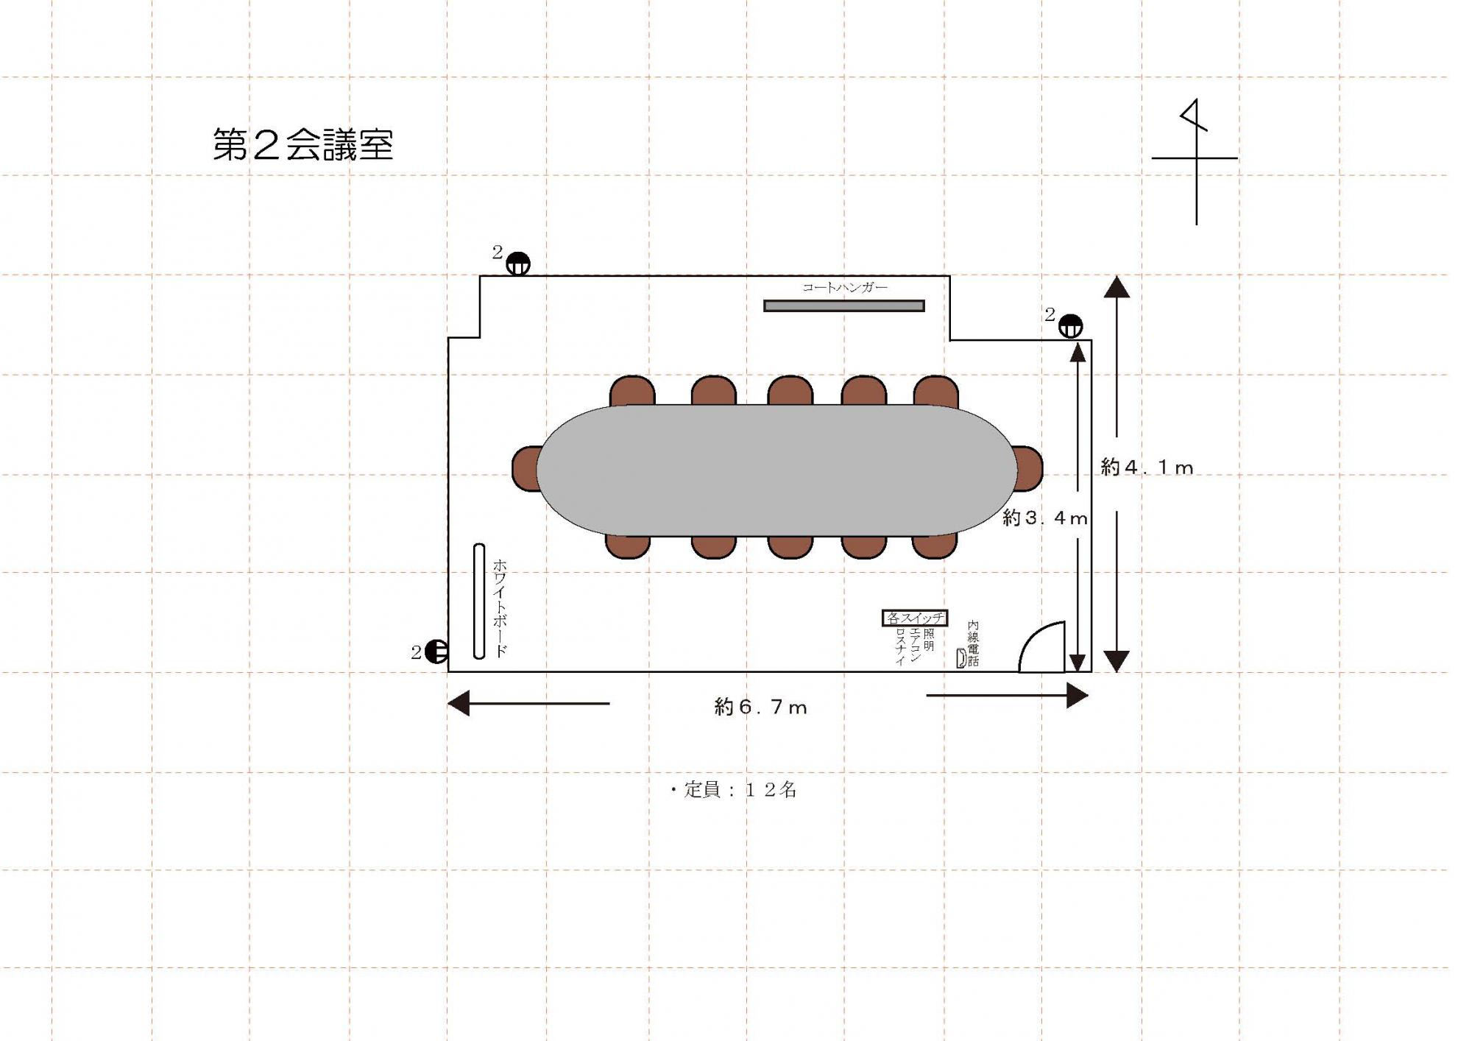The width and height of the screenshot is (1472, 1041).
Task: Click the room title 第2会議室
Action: click(303, 144)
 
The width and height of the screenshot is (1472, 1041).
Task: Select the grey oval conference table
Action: click(776, 470)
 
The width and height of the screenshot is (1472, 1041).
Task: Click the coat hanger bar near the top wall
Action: click(843, 306)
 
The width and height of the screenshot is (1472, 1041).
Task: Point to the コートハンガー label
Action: click(844, 287)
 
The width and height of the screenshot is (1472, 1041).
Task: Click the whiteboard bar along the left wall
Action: click(479, 601)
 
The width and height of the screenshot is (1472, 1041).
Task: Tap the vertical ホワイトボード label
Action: click(500, 607)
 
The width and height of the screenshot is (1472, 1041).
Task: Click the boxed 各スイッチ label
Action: click(914, 618)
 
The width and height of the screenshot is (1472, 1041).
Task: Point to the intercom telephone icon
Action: click(960, 657)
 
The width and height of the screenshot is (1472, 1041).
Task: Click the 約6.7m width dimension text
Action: click(760, 707)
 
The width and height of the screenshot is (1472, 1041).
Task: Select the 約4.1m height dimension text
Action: click(1146, 467)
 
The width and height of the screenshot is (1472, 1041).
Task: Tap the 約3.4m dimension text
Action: click(1044, 518)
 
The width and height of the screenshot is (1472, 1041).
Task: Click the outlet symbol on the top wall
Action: click(518, 264)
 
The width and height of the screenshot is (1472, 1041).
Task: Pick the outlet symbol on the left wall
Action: click(436, 651)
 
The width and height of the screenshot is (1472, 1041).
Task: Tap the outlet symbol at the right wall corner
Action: click(1070, 325)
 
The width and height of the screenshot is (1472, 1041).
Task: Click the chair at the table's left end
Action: click(526, 468)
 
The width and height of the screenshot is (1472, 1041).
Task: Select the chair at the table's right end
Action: click(1028, 467)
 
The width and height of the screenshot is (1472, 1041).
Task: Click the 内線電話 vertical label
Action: click(973, 643)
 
